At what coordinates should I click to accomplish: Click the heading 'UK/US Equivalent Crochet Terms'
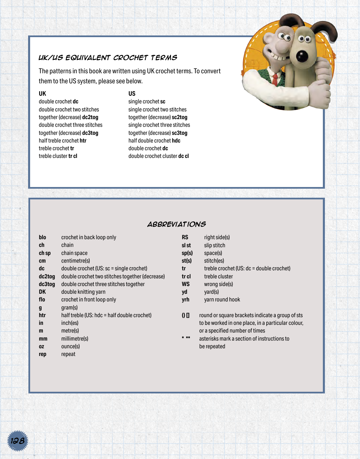click(108, 58)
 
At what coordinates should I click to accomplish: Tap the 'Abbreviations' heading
click(176, 224)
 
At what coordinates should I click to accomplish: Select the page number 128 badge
click(17, 441)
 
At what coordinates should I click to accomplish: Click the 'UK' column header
click(42, 94)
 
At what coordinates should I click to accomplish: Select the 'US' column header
click(132, 94)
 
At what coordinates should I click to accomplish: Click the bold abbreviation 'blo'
click(42, 238)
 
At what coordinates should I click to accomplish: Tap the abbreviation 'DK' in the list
click(42, 292)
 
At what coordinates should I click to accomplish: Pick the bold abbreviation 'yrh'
click(185, 300)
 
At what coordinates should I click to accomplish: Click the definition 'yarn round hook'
click(222, 300)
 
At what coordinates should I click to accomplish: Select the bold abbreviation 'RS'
click(185, 238)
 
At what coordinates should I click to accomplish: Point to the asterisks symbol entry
click(186, 338)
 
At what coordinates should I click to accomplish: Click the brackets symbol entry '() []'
click(186, 315)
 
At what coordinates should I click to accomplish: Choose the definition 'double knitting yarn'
click(83, 292)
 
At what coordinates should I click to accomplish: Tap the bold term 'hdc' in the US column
click(176, 141)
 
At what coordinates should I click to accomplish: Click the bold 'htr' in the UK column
click(83, 141)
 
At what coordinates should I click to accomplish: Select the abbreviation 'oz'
click(41, 347)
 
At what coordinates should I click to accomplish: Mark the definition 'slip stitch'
click(214, 246)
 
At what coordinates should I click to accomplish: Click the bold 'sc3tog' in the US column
click(179, 133)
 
